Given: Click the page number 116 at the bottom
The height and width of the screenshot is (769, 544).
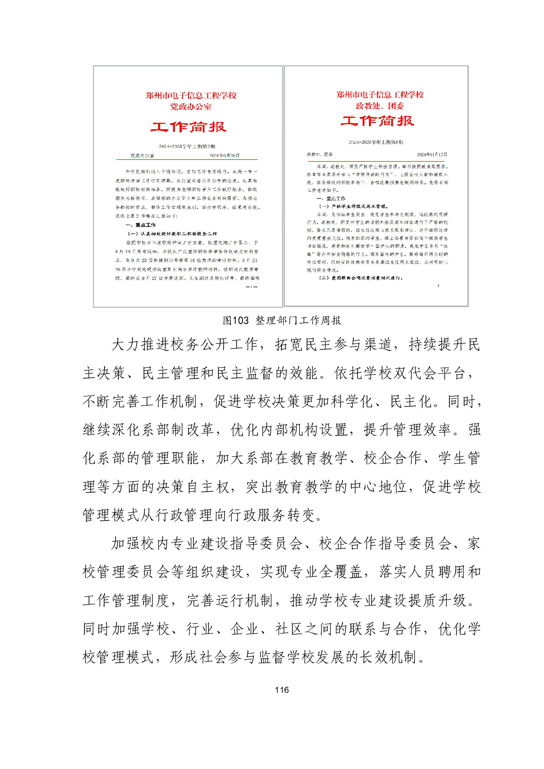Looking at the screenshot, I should (282, 690).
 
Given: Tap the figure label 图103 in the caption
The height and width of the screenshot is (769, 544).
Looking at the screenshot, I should (235, 321).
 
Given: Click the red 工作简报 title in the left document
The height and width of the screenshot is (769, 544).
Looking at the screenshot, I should (189, 126).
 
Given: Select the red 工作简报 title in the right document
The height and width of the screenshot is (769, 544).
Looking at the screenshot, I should (377, 121).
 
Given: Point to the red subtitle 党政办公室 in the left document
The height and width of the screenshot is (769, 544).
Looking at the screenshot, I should (191, 107).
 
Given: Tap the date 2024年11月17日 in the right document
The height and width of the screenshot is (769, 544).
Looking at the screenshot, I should (432, 154).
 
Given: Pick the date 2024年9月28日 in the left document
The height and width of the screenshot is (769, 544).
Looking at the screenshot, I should (224, 155).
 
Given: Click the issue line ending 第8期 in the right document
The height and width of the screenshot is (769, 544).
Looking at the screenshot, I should (376, 142).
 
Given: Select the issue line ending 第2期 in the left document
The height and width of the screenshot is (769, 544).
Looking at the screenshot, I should (187, 146).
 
